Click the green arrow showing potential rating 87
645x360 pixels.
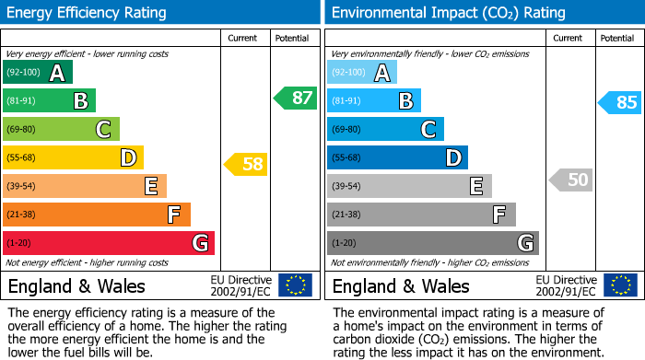(x=296, y=99)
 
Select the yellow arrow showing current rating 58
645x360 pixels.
(x=247, y=165)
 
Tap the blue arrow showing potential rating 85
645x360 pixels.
(x=620, y=102)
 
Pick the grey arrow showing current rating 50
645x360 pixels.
(x=571, y=180)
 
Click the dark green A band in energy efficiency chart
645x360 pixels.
(x=38, y=73)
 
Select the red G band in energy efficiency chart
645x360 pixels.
(x=109, y=243)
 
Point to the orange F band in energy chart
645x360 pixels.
(x=97, y=215)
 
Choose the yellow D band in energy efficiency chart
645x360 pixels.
(x=73, y=157)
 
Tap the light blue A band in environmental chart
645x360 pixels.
(x=362, y=73)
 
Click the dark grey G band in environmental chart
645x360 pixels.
(x=433, y=243)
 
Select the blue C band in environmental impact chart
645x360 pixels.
(x=385, y=129)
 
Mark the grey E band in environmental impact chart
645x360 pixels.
(x=409, y=186)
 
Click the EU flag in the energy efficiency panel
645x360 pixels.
(x=295, y=285)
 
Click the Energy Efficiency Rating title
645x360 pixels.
(x=88, y=13)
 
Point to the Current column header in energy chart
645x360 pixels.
(x=244, y=38)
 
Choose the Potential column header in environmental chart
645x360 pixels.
(x=617, y=38)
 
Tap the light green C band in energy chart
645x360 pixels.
(x=61, y=129)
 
